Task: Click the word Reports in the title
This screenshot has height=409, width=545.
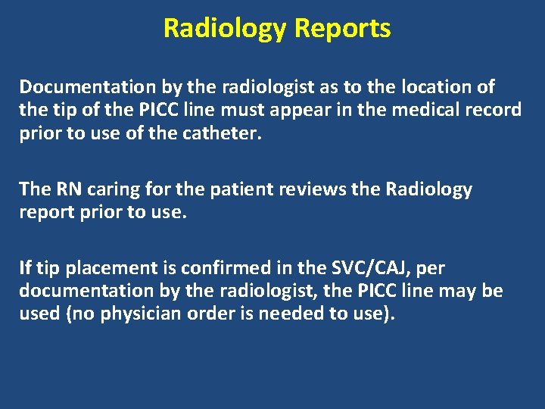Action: [342, 28]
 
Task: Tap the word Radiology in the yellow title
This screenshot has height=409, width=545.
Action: [226, 28]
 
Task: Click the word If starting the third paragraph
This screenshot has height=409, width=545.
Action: [26, 267]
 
